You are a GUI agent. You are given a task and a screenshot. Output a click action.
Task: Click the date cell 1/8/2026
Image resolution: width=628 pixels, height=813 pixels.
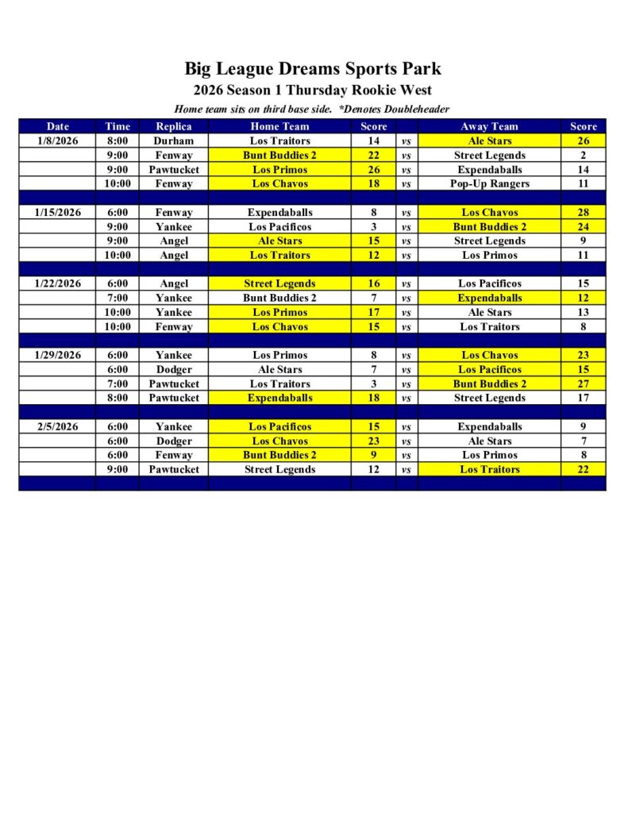pyautogui.click(x=57, y=141)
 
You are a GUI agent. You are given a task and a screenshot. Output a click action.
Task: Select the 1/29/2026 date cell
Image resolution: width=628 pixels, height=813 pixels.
pyautogui.click(x=57, y=355)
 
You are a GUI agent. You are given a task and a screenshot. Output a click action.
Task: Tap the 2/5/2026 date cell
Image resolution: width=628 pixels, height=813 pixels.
pyautogui.click(x=57, y=426)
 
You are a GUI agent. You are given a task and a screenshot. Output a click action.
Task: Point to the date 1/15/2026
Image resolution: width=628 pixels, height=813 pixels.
pyautogui.click(x=57, y=212)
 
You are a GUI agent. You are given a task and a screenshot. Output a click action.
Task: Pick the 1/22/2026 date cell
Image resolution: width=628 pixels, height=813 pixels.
pyautogui.click(x=57, y=283)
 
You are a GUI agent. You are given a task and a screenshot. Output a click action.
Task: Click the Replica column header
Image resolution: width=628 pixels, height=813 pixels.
pyautogui.click(x=173, y=126)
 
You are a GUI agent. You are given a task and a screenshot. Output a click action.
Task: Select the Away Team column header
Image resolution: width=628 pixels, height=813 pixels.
pyautogui.click(x=489, y=126)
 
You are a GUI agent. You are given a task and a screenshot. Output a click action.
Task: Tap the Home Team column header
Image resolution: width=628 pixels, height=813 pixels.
pyautogui.click(x=279, y=126)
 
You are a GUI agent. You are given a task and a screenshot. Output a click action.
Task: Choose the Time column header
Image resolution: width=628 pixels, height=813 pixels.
pyautogui.click(x=117, y=126)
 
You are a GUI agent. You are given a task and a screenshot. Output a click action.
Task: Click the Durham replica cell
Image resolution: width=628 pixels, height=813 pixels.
pyautogui.click(x=173, y=141)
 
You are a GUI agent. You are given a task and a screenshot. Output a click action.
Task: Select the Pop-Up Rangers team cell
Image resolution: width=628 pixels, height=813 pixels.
pyautogui.click(x=489, y=183)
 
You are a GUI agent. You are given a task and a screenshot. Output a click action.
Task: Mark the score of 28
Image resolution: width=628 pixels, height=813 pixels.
pyautogui.click(x=583, y=212)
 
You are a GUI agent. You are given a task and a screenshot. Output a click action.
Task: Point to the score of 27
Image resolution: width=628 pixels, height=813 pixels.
pyautogui.click(x=583, y=383)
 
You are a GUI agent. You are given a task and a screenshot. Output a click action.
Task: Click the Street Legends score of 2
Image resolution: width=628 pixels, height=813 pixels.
pyautogui.click(x=583, y=155)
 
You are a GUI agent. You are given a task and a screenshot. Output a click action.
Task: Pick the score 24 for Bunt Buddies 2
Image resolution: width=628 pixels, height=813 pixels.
pyautogui.click(x=583, y=226)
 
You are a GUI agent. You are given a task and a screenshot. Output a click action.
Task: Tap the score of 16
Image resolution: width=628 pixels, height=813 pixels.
pyautogui.click(x=373, y=283)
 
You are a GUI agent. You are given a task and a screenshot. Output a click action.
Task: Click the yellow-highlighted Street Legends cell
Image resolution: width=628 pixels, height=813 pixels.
pyautogui.click(x=279, y=283)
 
